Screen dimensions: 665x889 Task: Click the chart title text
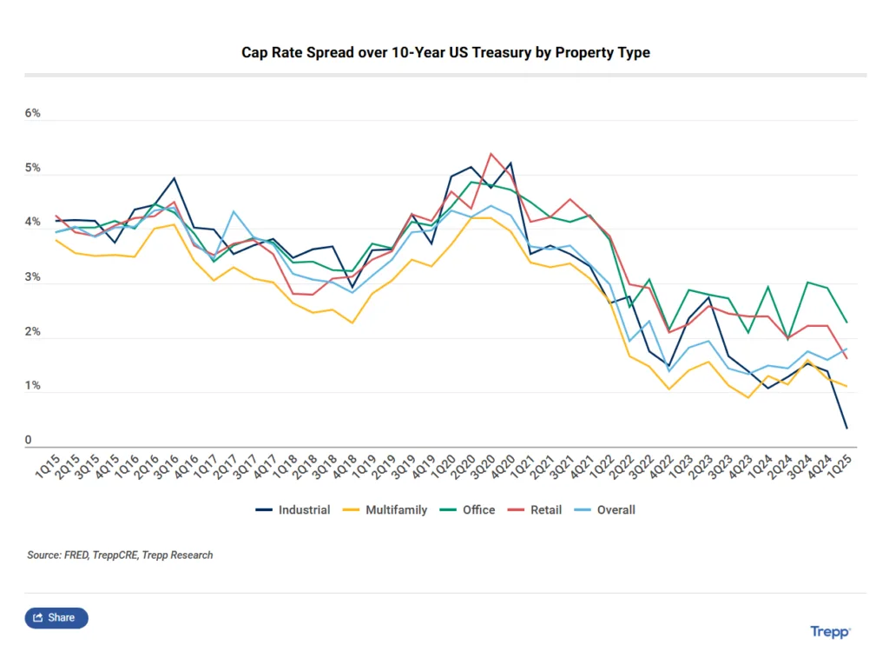tap(445, 52)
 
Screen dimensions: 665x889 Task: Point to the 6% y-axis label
tap(33, 114)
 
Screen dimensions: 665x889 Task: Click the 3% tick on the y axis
tap(33, 277)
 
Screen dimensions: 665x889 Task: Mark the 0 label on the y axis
tap(29, 441)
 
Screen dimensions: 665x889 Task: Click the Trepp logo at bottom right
tap(830, 632)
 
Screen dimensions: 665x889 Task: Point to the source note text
tap(120, 555)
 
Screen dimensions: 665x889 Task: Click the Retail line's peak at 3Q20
tap(491, 154)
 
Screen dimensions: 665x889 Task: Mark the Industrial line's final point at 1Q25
tap(846, 428)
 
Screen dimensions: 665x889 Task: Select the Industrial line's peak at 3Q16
tap(175, 178)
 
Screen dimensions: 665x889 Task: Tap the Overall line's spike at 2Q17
tap(234, 211)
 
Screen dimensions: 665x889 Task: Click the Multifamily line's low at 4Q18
tap(352, 323)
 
